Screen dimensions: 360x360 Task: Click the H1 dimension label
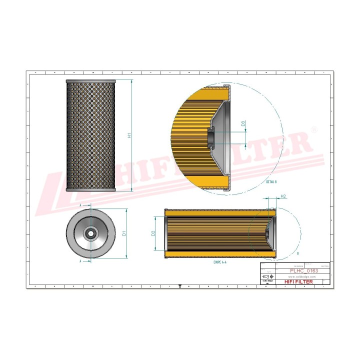click(x=129, y=135)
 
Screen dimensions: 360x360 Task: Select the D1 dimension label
click(x=124, y=233)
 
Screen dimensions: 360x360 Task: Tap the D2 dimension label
click(x=153, y=233)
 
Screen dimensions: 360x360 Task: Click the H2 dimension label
click(x=284, y=196)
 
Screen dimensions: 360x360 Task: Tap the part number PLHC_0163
click(x=303, y=270)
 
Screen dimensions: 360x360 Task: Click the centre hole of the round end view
click(x=90, y=232)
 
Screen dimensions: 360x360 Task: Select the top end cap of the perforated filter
click(x=90, y=80)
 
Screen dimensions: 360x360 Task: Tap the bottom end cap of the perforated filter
click(x=90, y=189)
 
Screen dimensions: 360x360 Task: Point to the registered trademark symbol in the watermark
click(x=313, y=129)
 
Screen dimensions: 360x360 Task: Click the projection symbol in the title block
click(x=267, y=276)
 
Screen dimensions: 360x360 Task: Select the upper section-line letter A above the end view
click(x=80, y=205)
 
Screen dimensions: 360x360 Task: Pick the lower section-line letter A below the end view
click(x=80, y=260)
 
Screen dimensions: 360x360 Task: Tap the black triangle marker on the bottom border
click(x=179, y=286)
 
